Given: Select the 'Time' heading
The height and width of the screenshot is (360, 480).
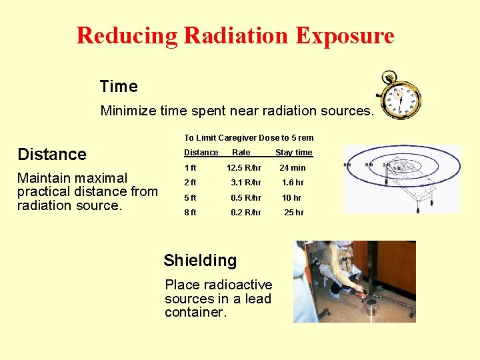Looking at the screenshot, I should [119, 87].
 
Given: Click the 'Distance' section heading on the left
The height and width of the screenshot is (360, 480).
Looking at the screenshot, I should [52, 155].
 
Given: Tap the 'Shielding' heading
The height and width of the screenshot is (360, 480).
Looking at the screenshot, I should [200, 261].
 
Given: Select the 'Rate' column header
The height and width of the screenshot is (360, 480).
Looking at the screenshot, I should [241, 153].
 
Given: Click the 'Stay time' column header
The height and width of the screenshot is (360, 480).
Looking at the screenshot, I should [294, 153].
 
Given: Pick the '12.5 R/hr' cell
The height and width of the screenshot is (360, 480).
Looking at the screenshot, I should [244, 168].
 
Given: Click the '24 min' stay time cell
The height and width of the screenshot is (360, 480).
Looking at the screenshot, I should [293, 168].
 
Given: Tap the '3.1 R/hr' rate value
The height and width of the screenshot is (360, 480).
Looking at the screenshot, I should [246, 183].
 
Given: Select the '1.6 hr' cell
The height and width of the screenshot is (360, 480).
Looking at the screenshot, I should [293, 183].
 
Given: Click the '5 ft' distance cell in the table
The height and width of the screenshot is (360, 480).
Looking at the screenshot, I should [190, 198].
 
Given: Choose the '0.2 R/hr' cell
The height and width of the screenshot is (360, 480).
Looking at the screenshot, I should [246, 213].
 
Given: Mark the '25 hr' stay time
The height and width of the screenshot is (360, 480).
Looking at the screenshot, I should [294, 213].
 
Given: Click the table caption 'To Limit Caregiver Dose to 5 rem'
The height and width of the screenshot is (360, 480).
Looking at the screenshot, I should [249, 138].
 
